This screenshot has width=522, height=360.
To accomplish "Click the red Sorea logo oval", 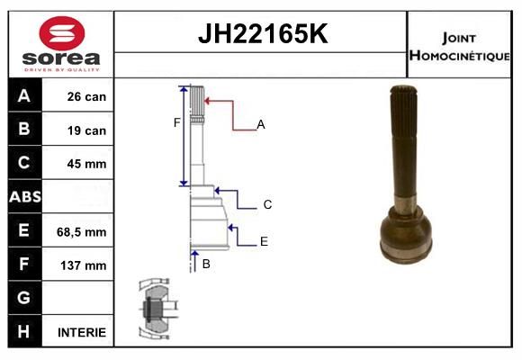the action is [x=62, y=33].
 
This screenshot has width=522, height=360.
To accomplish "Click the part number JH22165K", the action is [x=263, y=33].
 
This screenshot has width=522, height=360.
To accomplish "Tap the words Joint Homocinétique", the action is [x=459, y=46].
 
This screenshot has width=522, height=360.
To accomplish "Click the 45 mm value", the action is [x=86, y=164].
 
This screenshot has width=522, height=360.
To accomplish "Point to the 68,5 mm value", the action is [x=82, y=232].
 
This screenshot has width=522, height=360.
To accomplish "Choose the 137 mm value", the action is [x=83, y=265].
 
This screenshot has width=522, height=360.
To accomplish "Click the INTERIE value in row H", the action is [x=82, y=332].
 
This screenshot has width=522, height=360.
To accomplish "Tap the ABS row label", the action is [x=25, y=196].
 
